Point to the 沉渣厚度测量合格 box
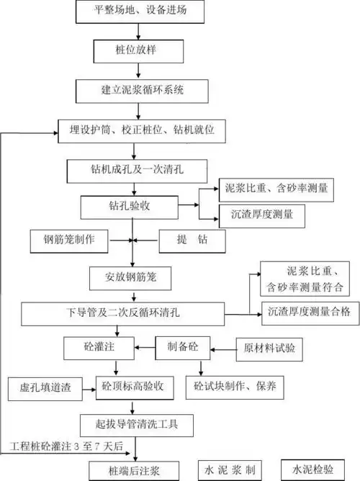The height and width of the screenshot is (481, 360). [x=308, y=312]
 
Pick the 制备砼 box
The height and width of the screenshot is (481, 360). [x=184, y=348]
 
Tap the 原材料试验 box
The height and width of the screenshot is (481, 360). [x=269, y=349]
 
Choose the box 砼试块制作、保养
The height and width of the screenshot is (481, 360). [x=238, y=386]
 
